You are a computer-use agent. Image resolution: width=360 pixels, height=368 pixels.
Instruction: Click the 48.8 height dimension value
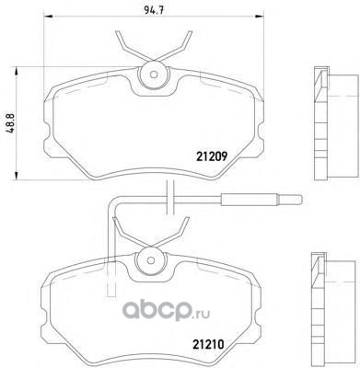tap(10, 123)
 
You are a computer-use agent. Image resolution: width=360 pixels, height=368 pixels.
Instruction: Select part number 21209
tap(212, 157)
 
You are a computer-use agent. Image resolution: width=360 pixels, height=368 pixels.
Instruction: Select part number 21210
tap(208, 345)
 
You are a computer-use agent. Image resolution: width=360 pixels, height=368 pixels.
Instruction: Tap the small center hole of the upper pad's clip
tap(154, 75)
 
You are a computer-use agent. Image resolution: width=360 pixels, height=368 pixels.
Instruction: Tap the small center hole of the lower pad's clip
tap(150, 260)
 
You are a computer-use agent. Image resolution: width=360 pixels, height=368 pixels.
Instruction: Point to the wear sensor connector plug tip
tap(301, 200)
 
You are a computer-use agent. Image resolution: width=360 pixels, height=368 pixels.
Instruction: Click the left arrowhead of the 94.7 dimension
tap(45, 17)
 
